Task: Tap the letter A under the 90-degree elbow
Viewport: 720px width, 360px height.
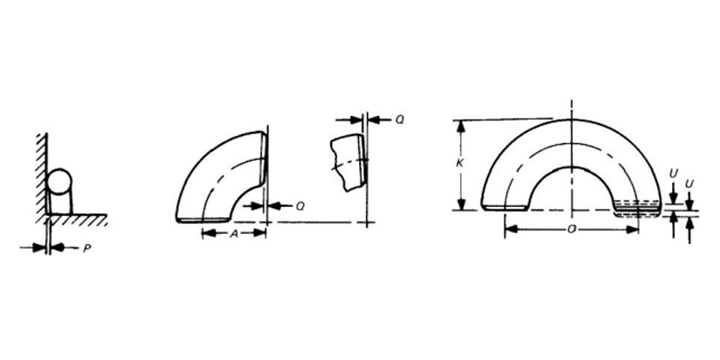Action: [234, 232]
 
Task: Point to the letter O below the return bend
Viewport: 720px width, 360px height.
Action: [571, 229]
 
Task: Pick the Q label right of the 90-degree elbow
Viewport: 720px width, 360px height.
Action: [300, 205]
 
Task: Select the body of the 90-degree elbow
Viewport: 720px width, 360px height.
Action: [212, 180]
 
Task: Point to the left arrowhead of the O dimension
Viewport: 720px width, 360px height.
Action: [509, 229]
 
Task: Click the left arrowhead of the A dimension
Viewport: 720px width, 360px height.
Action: [206, 232]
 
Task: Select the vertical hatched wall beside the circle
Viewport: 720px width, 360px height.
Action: [40, 171]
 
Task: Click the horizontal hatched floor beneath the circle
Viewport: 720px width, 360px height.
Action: [76, 218]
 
